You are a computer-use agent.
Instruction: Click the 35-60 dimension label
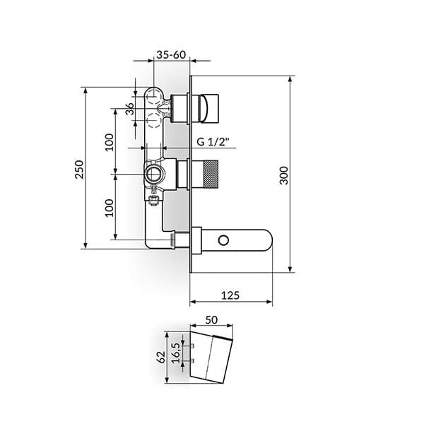171,55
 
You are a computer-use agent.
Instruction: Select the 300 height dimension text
284,175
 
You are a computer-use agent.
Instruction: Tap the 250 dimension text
79,170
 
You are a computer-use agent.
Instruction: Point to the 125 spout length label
230,295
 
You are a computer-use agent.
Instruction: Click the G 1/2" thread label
213,142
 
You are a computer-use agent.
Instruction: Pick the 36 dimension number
130,109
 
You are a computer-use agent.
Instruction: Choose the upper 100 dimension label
110,142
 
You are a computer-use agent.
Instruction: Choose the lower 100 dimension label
110,208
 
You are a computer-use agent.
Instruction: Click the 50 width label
211,320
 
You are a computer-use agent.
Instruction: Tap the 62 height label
161,357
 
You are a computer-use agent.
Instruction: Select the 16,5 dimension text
176,353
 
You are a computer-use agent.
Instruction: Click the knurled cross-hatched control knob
211,175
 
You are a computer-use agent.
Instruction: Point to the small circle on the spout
223,240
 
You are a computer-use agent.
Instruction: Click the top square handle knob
209,108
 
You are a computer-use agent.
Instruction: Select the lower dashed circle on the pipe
153,121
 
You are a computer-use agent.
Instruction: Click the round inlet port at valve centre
153,175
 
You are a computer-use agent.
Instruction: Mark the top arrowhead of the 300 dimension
290,79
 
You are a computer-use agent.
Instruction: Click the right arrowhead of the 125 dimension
269,302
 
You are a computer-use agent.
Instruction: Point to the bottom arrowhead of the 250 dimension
86,245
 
